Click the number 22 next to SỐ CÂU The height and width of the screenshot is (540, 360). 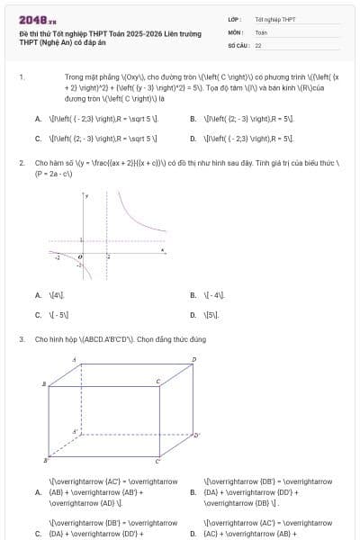(258, 44)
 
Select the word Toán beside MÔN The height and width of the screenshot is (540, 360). (261, 31)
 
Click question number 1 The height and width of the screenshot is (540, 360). (21, 78)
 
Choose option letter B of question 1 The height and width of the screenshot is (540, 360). (193, 118)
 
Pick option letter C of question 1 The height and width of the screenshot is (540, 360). (38, 139)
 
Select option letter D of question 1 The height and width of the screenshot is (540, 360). (193, 139)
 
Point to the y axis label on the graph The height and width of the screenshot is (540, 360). (87, 195)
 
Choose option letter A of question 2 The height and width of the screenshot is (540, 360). (38, 294)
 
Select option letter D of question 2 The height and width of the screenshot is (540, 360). (193, 315)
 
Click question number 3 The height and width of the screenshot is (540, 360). (21, 339)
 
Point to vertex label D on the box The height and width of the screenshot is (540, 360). (193, 360)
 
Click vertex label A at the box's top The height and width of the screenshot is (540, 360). (74, 359)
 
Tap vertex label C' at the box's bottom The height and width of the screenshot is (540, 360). (158, 461)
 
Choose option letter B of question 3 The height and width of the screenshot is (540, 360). (193, 492)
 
